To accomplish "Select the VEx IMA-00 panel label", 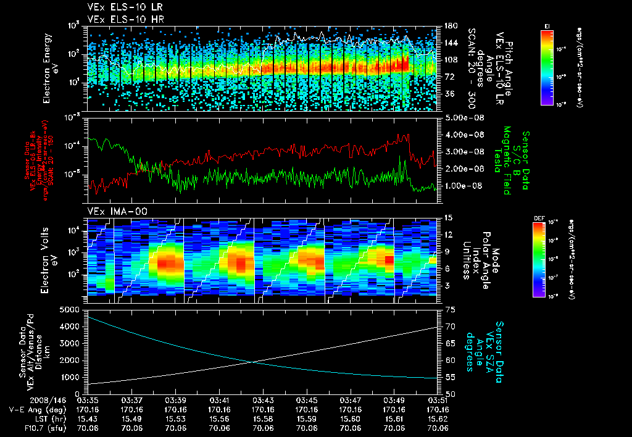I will [112, 211].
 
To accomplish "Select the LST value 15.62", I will [438, 418].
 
